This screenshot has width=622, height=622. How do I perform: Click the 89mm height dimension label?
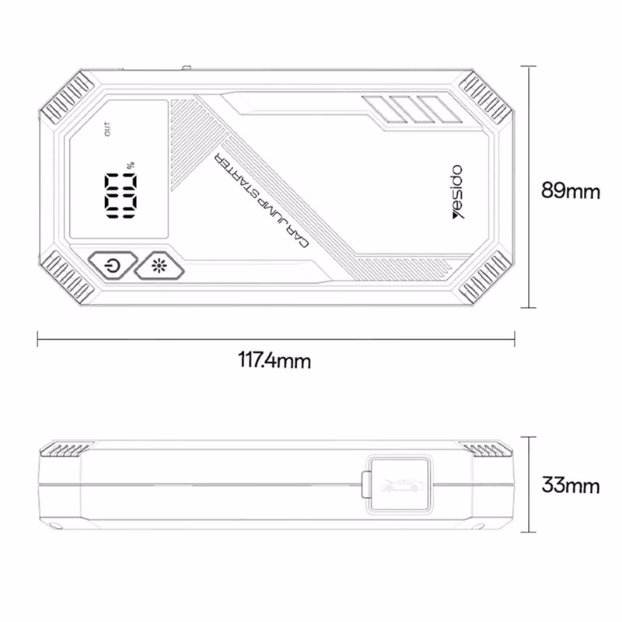pyautogui.click(x=571, y=190)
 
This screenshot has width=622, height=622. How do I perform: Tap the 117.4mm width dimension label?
pyautogui.click(x=274, y=361)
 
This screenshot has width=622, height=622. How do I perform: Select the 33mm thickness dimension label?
pyautogui.click(x=571, y=484)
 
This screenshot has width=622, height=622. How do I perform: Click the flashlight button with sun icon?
pyautogui.click(x=159, y=265)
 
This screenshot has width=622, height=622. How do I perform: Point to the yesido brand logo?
pyautogui.click(x=458, y=191)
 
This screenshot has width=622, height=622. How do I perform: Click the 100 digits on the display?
pyautogui.click(x=121, y=196)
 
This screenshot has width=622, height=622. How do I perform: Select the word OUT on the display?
pyautogui.click(x=107, y=129)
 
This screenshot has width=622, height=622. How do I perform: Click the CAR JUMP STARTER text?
pyautogui.click(x=261, y=200)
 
